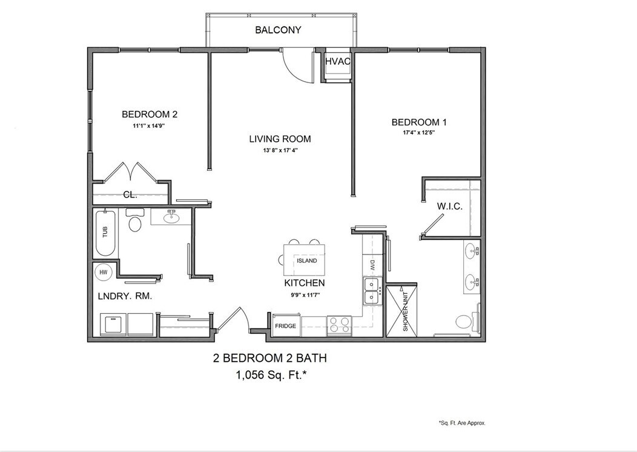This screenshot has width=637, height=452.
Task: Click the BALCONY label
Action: [x=278, y=30]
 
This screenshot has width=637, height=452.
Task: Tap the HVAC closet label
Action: [x=338, y=61]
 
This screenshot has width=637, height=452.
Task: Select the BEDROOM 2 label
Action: [x=149, y=114]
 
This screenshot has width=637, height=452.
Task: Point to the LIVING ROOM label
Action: [x=280, y=139]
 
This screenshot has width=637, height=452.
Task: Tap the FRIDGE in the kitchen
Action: [x=285, y=326]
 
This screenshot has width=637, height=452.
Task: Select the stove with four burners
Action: [x=339, y=325]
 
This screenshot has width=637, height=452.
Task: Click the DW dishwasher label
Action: [x=372, y=265]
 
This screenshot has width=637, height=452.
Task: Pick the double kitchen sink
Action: [x=371, y=291]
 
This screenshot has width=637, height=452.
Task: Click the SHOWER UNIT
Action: [x=403, y=310]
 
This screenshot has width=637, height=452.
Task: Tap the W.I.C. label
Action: [x=450, y=207]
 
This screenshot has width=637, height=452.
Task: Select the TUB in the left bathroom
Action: [x=105, y=234]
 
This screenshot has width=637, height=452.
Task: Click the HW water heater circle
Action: [x=103, y=273]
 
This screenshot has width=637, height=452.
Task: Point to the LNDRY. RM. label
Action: [x=125, y=296]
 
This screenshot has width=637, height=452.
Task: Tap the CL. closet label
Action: [x=130, y=195]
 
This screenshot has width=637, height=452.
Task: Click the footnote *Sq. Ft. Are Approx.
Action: [x=461, y=423]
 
